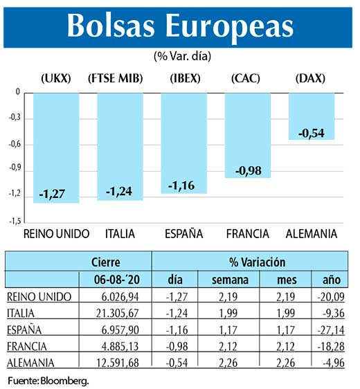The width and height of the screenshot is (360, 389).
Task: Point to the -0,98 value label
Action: tap(248, 170)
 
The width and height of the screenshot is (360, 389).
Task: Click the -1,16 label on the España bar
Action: tap(183, 186)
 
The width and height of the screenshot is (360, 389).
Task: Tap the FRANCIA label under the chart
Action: tap(248, 234)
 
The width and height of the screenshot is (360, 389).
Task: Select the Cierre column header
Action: tap(106, 263)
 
